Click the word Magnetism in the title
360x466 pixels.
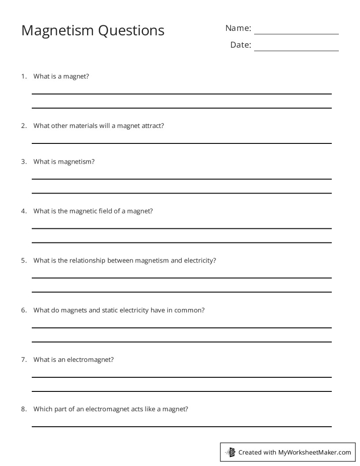[57, 30]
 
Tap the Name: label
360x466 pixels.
[238, 28]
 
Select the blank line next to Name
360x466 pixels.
[296, 34]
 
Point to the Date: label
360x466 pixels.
[240, 45]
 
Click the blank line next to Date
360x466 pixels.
[296, 50]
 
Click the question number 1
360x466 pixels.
[23, 76]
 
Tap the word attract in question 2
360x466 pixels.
[152, 126]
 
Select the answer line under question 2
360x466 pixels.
[181, 143]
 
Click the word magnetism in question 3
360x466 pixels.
[76, 162]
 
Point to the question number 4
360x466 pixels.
[23, 211]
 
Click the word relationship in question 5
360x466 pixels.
[84, 260]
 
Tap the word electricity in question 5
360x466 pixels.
[199, 260]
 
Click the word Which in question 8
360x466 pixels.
[42, 409]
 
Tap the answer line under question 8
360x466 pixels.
[181, 426]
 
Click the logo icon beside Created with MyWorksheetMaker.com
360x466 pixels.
[231, 452]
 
